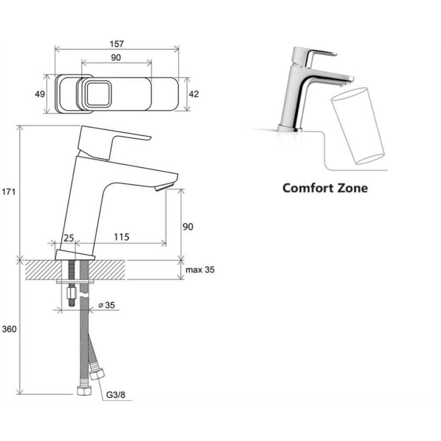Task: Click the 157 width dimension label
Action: pyautogui.click(x=116, y=44)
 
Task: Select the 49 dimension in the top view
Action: pyautogui.click(x=40, y=94)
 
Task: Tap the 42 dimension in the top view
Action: pyautogui.click(x=194, y=94)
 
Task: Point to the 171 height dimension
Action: pyautogui.click(x=8, y=192)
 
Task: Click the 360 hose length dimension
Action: pyautogui.click(x=9, y=329)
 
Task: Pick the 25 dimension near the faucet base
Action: pyautogui.click(x=68, y=238)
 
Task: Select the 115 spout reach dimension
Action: pyautogui.click(x=122, y=237)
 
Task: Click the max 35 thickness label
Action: pyautogui.click(x=200, y=270)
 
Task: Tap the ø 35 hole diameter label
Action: pyautogui.click(x=107, y=305)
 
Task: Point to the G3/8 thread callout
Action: pyautogui.click(x=116, y=395)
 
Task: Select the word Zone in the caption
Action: pyautogui.click(x=352, y=188)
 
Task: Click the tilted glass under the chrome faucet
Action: pyautogui.click(x=357, y=126)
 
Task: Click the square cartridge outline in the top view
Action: pyautogui.click(x=98, y=94)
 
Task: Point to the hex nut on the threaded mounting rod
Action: pyautogui.click(x=72, y=293)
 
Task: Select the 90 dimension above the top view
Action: pyautogui.click(x=116, y=57)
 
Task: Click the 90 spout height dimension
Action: pyautogui.click(x=188, y=227)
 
